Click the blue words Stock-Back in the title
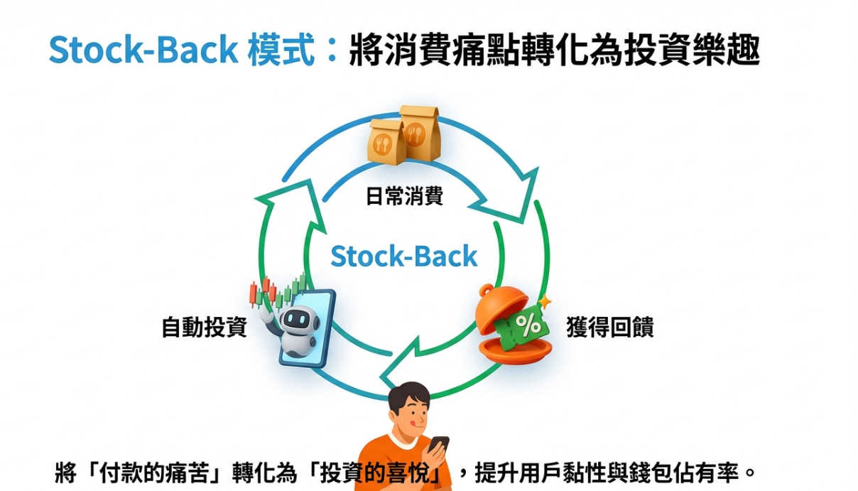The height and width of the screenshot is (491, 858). click(143, 50)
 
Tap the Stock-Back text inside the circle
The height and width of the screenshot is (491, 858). click(403, 257)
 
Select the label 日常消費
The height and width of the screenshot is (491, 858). click(403, 196)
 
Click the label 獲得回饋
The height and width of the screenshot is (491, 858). click(609, 328)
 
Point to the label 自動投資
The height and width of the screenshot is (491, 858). click(204, 328)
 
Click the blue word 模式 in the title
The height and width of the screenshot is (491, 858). click(281, 50)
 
